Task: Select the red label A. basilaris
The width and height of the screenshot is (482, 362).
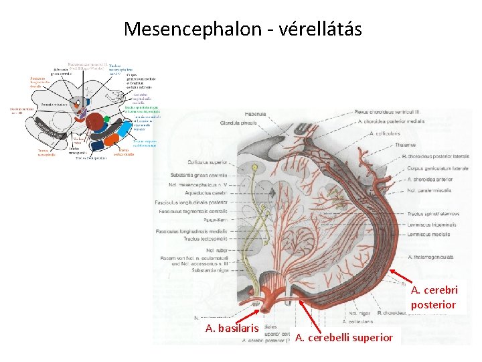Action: [232, 328]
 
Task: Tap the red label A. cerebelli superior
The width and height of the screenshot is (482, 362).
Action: [343, 337]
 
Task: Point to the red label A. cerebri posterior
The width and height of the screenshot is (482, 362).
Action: [434, 298]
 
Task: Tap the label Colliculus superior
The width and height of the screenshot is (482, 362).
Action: [208, 162]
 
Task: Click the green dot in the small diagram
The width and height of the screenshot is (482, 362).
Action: [106, 119]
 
